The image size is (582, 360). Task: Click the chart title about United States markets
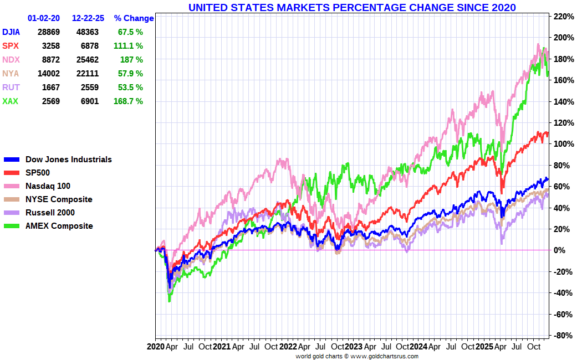coord(352,7)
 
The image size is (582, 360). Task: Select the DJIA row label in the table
coord(11,32)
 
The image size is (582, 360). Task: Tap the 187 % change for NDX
coord(131,60)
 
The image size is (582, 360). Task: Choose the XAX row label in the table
coord(10,101)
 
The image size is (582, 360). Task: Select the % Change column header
coord(134,18)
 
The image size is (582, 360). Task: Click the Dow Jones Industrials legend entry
coord(68,160)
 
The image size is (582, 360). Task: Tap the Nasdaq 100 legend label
coord(48,186)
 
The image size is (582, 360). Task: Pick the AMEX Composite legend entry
coord(59,226)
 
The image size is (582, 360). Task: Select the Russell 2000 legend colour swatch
coord(12,213)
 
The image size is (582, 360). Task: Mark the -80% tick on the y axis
coord(562,336)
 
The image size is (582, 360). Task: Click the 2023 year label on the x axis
coord(354,347)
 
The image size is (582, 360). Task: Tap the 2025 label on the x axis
coord(486,347)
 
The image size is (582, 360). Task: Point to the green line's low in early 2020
coord(169,301)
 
